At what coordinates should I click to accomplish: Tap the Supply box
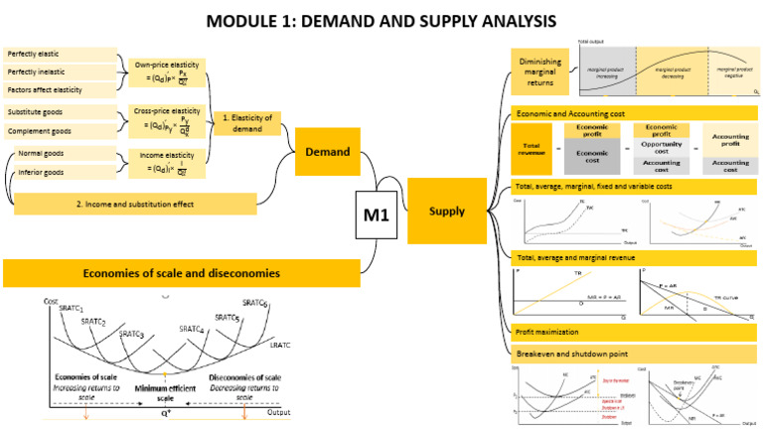(x=446, y=211)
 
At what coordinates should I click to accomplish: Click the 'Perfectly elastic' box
(x=60, y=53)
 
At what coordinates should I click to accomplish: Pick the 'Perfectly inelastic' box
(x=60, y=72)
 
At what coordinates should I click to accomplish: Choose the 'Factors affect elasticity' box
(x=60, y=90)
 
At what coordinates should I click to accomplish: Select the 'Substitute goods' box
(x=60, y=111)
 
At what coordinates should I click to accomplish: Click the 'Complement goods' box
(x=60, y=131)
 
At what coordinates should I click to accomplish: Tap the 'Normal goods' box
(x=66, y=155)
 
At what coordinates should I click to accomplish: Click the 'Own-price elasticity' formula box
(x=166, y=73)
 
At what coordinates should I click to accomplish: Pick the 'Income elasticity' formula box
(x=166, y=163)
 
